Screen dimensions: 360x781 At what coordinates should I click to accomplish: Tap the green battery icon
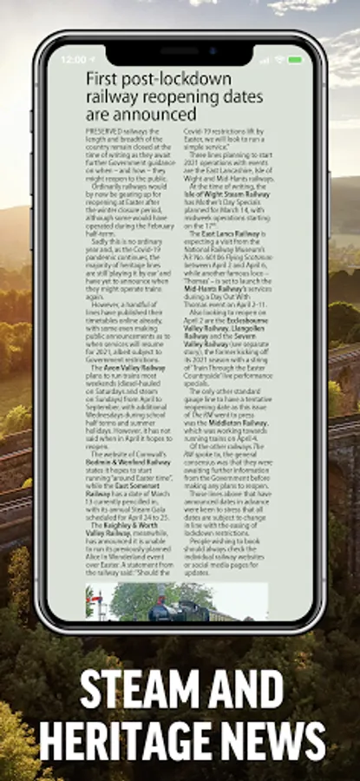(296, 60)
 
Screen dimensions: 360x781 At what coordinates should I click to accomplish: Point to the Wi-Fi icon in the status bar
(278, 60)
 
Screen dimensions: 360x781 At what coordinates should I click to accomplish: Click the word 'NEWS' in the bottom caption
(280, 744)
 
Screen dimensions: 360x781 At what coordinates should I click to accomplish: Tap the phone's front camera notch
(180, 50)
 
